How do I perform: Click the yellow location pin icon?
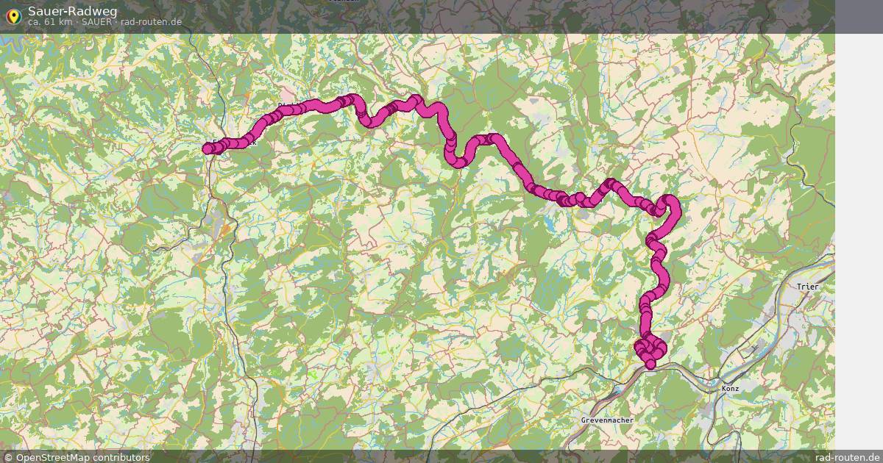click(x=13, y=15)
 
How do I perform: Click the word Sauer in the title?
click(x=43, y=10)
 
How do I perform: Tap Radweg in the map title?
click(x=83, y=10)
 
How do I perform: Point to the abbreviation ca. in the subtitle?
click(x=35, y=22)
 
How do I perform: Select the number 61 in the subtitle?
click(x=52, y=22)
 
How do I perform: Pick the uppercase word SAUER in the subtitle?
click(x=97, y=22)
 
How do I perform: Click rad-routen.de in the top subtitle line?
click(x=151, y=22)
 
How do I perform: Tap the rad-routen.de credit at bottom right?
click(x=847, y=457)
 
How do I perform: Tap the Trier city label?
click(x=807, y=287)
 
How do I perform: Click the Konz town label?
click(x=730, y=388)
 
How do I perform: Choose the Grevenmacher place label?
click(x=607, y=420)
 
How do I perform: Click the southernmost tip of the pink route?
click(x=650, y=365)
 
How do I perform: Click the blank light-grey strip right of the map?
click(x=859, y=220)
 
